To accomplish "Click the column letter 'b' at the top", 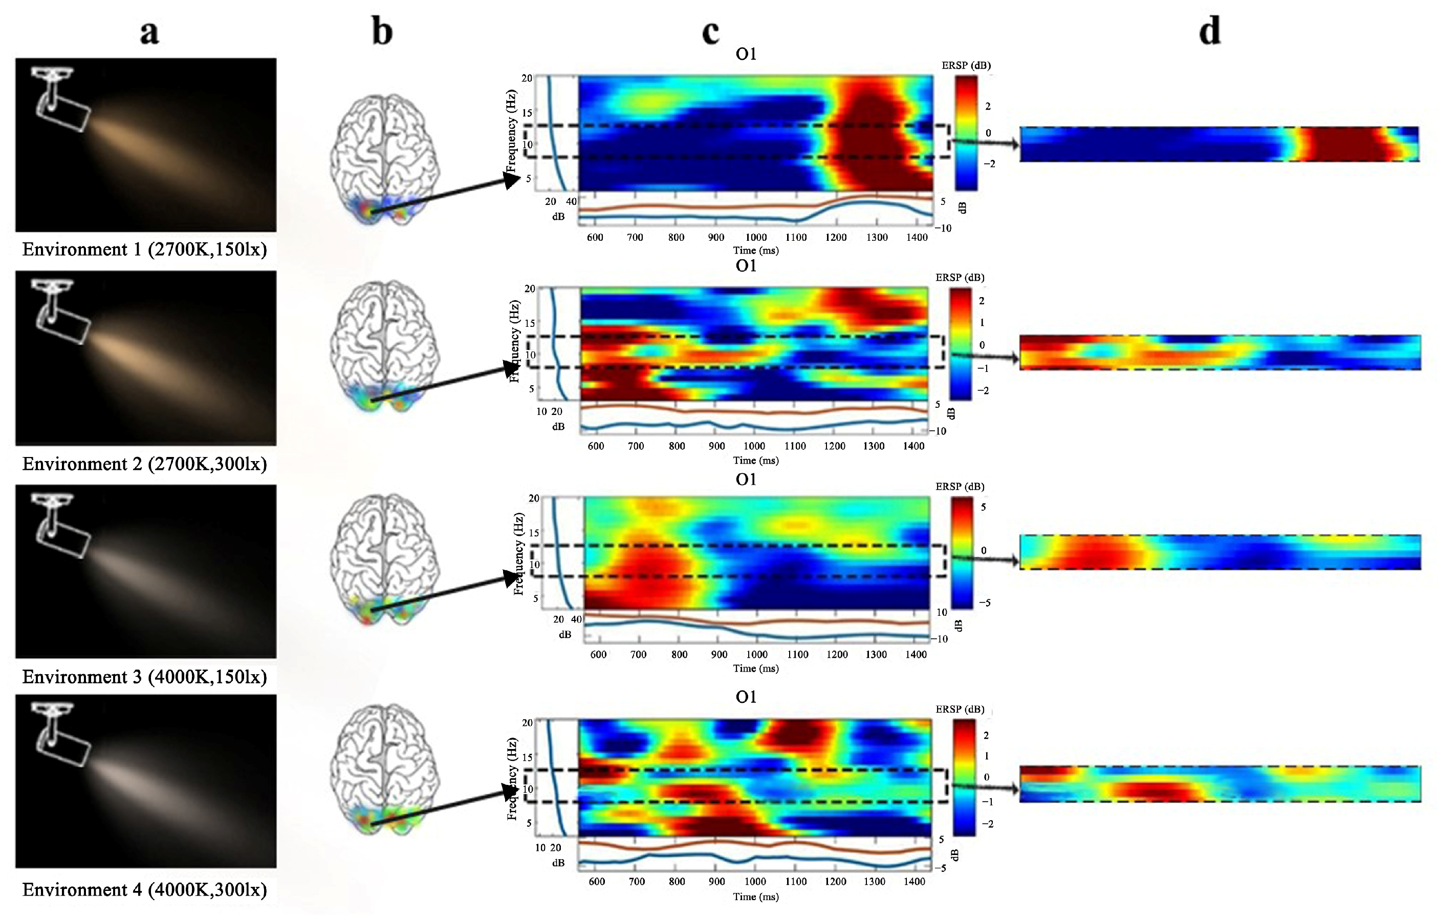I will [x=382, y=31].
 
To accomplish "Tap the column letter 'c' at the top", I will [x=710, y=31].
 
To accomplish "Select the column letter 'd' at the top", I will [x=1210, y=31].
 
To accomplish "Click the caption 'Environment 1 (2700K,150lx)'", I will [x=144, y=249].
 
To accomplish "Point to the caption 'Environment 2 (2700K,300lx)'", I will [x=144, y=464].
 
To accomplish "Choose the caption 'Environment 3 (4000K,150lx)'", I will [x=144, y=677].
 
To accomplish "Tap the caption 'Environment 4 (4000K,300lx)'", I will [x=144, y=889].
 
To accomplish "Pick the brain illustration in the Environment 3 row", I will [x=384, y=558].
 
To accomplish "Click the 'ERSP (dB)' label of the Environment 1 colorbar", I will [x=966, y=65].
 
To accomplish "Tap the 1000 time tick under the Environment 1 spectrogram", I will [x=755, y=237].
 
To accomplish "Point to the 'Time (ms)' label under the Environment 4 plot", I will [x=755, y=897].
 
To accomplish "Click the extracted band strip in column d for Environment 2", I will [x=1220, y=352].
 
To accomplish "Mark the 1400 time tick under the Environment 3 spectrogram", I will [x=916, y=654].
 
